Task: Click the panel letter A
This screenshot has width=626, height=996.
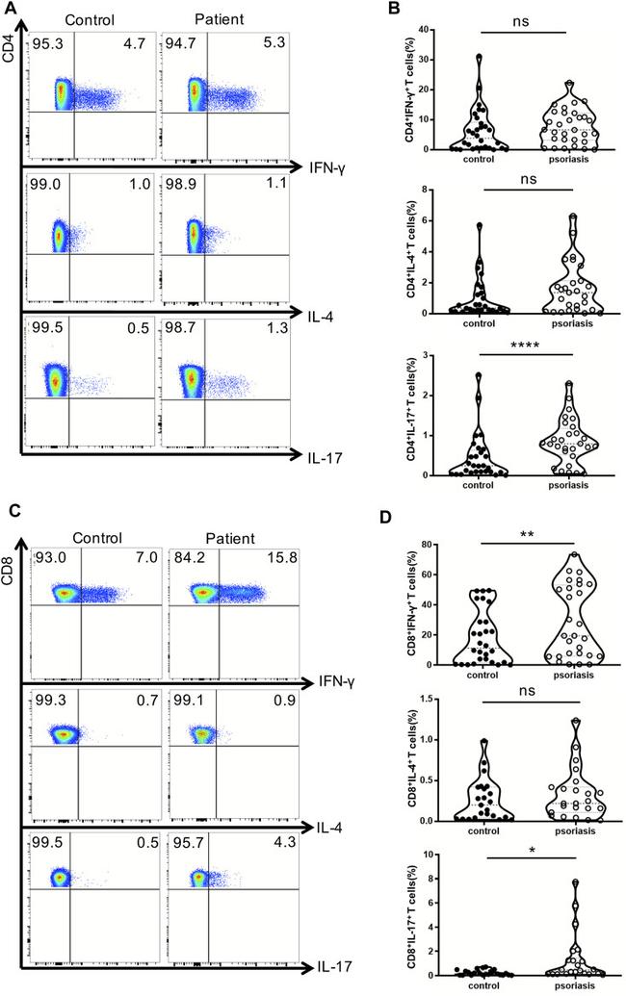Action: point(11,9)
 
